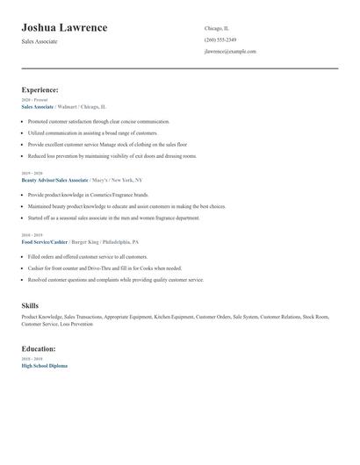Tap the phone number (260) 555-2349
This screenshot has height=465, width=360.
[220, 39]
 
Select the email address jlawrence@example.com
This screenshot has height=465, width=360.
[230, 52]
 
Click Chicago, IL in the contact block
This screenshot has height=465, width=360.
[217, 28]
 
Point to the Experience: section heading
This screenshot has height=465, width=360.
[40, 89]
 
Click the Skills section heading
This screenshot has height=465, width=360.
[30, 305]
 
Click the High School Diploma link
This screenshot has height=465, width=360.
[44, 365]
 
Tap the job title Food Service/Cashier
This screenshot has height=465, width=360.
[45, 240]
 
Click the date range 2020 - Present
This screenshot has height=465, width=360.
[35, 100]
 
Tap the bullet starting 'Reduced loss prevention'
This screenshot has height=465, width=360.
[112, 155]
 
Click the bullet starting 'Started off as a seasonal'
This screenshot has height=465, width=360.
[114, 217]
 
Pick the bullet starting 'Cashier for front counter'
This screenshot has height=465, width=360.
[104, 268]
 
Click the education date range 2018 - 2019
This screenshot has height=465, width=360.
[32, 359]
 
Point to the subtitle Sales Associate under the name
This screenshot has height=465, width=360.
[40, 41]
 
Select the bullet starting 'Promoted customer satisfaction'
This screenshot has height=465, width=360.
[98, 121]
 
